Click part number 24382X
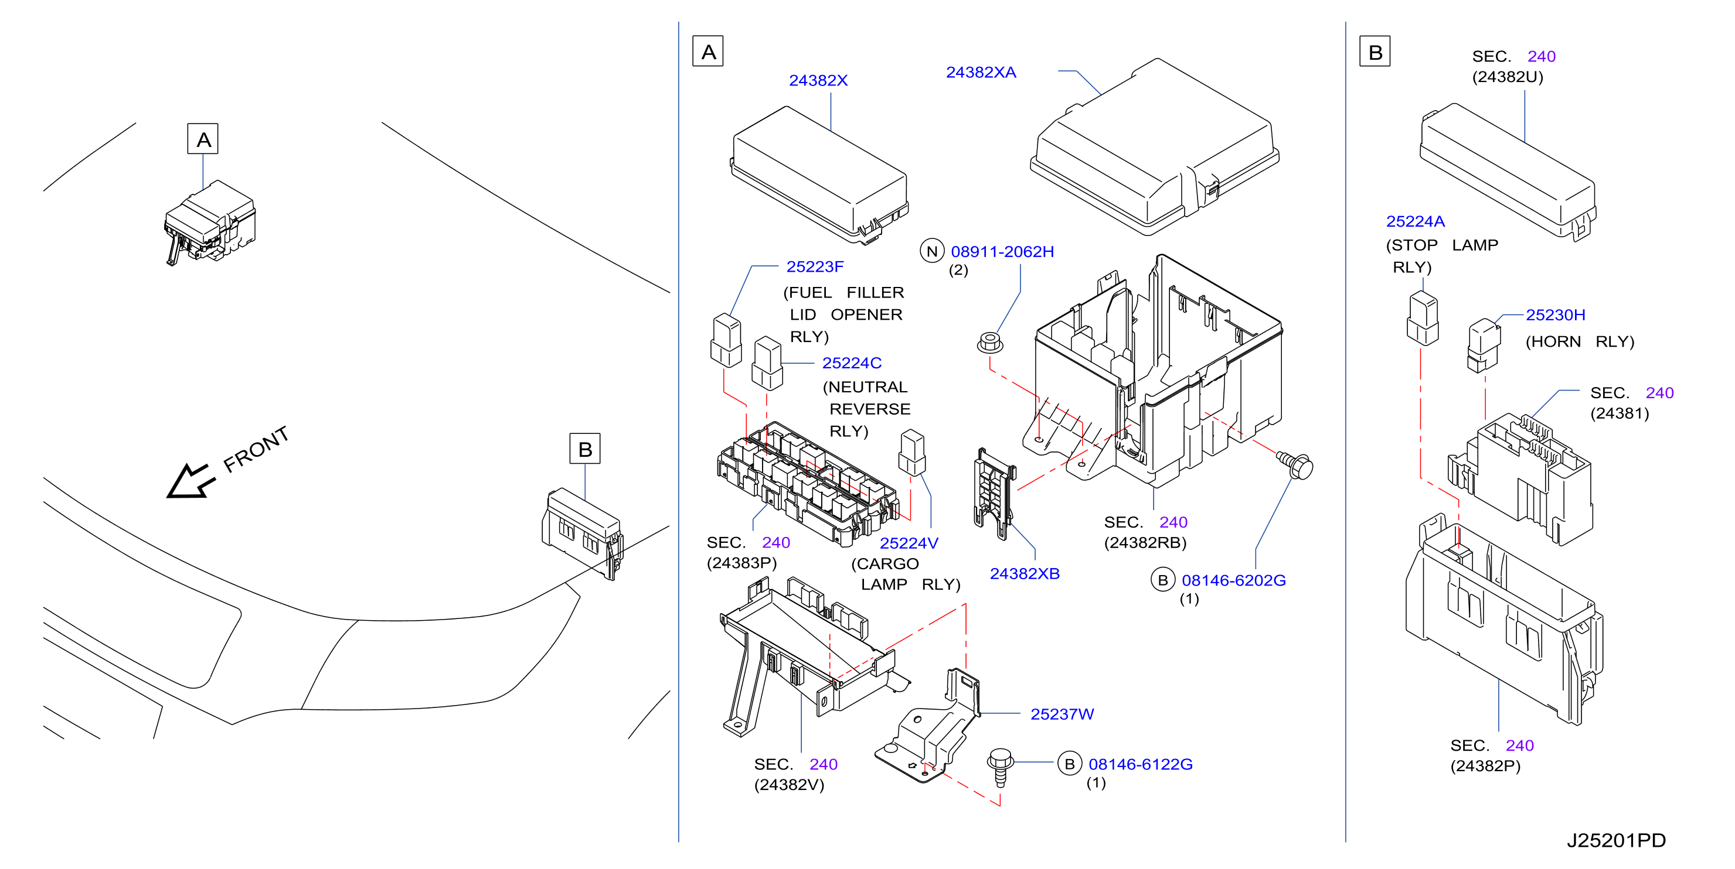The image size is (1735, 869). pyautogui.click(x=818, y=80)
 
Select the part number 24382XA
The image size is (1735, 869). pyautogui.click(x=981, y=72)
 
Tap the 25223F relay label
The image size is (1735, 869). pyautogui.click(x=815, y=266)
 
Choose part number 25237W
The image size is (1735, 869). pyautogui.click(x=1062, y=714)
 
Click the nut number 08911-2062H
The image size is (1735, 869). pyautogui.click(x=1002, y=252)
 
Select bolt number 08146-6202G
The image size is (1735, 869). pyautogui.click(x=1233, y=580)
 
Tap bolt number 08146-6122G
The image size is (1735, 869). pyautogui.click(x=1140, y=764)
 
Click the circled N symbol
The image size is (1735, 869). pyautogui.click(x=932, y=251)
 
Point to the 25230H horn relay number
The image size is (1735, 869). pyautogui.click(x=1555, y=315)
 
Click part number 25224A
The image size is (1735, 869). pyautogui.click(x=1415, y=221)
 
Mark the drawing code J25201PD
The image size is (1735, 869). pyautogui.click(x=1616, y=840)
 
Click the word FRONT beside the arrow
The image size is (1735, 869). pyautogui.click(x=256, y=449)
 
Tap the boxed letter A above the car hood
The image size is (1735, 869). pyautogui.click(x=203, y=139)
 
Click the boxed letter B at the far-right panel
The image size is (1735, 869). pyautogui.click(x=1375, y=52)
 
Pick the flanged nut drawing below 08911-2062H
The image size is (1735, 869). pyautogui.click(x=990, y=343)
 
